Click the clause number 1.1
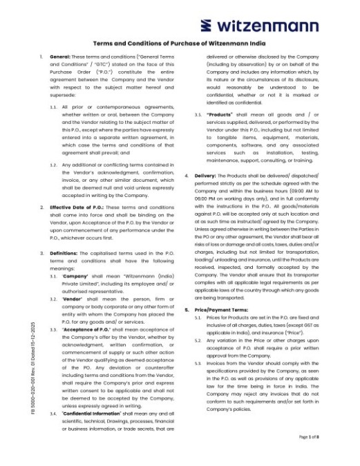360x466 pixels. tap(53, 107)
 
